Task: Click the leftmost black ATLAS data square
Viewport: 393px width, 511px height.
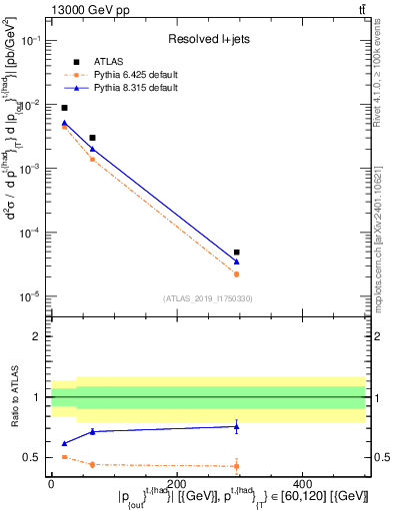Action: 64,108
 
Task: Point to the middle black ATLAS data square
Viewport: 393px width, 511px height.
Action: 92,138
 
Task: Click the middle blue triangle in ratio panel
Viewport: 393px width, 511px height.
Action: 92,431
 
